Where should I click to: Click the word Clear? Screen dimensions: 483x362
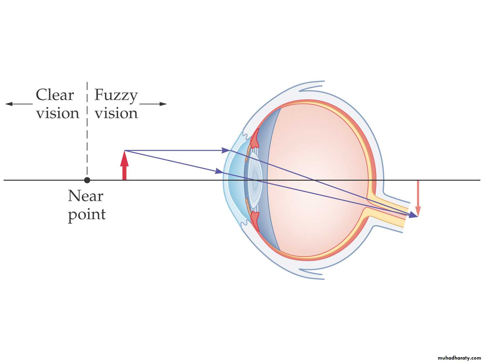click(x=55, y=95)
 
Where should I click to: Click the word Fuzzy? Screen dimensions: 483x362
click(x=116, y=96)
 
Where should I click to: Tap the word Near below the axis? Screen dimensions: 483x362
click(x=86, y=196)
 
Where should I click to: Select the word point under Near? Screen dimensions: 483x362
click(x=87, y=215)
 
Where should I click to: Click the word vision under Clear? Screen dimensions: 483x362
click(x=58, y=113)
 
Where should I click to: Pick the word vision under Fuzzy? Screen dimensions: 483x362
click(x=116, y=113)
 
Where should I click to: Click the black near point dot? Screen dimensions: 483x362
click(x=87, y=180)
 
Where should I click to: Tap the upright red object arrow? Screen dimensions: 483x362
click(x=124, y=165)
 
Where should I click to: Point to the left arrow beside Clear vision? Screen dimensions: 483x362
click(x=19, y=104)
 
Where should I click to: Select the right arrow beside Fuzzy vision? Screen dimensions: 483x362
click(x=153, y=104)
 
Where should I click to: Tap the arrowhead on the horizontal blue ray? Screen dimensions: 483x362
click(x=226, y=151)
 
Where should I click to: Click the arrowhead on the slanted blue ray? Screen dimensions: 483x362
click(x=219, y=171)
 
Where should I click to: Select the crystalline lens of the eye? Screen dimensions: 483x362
click(x=255, y=180)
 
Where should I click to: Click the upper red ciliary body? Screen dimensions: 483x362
click(x=254, y=139)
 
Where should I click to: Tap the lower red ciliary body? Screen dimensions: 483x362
click(x=255, y=221)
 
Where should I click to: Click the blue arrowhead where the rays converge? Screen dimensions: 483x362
click(x=413, y=215)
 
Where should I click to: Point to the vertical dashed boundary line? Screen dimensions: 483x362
click(x=87, y=130)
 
